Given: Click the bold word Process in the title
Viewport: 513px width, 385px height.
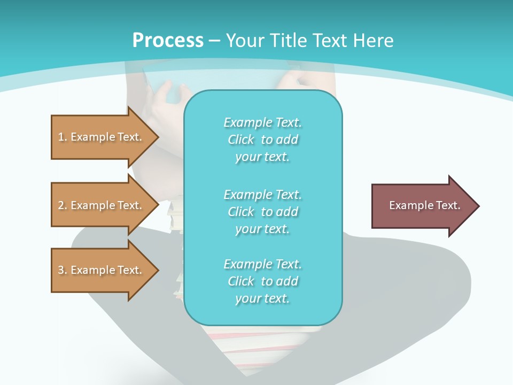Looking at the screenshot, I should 168,41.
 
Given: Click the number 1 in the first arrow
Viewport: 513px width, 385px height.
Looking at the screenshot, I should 60,137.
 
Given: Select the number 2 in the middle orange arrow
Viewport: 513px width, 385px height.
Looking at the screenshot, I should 60,205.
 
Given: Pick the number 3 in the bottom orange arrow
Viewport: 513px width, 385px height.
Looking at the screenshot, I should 60,270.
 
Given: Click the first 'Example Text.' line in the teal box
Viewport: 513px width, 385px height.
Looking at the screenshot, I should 262,122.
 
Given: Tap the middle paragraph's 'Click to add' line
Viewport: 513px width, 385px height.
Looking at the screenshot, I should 262,212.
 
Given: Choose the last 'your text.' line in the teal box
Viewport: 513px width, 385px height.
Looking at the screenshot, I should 262,298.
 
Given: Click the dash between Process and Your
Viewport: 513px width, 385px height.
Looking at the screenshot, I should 215,41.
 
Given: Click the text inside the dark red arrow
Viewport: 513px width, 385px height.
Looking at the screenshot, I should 424,205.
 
